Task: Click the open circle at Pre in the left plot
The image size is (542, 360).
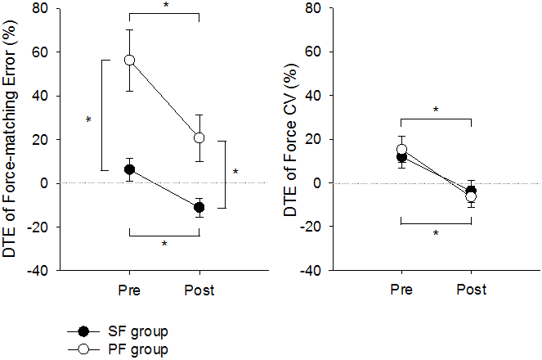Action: coord(129,61)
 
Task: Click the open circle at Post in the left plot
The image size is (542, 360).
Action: coord(199,137)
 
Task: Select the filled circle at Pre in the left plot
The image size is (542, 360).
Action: coord(129,169)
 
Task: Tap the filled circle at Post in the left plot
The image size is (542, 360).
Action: coord(199,207)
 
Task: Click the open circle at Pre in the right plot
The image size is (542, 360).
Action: coord(401,150)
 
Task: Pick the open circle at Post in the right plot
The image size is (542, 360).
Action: coord(471,196)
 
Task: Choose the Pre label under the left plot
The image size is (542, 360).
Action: coord(129,290)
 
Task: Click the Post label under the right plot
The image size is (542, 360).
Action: coord(471,290)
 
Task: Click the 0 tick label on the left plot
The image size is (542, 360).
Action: coord(44,183)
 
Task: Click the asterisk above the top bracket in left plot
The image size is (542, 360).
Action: coord(166,6)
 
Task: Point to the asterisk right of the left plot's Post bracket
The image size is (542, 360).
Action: coord(235,173)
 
